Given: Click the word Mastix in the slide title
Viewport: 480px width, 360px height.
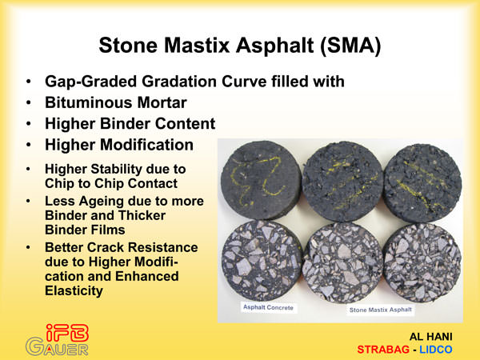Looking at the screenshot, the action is click(x=197, y=46).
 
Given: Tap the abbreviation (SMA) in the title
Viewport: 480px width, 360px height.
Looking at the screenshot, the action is click(x=350, y=46).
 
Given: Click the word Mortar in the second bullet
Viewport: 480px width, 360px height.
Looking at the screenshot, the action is click(x=162, y=102).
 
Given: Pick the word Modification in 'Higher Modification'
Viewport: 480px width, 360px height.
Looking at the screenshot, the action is click(x=146, y=145).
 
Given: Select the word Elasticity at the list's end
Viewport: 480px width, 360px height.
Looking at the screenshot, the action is click(x=74, y=291).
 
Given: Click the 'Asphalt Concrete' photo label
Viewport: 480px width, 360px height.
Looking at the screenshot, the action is click(x=268, y=307).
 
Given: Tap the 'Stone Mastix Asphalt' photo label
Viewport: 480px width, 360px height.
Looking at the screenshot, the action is click(x=381, y=310).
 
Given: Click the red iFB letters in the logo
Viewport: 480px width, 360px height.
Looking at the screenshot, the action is click(x=67, y=333).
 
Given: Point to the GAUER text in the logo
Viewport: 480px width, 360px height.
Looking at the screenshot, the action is click(x=57, y=348).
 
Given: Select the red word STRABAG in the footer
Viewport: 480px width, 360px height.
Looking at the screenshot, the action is click(x=383, y=350).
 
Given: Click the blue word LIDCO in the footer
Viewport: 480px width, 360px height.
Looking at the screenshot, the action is click(x=436, y=350).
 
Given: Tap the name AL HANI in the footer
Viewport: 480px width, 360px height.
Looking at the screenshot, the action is click(x=430, y=337).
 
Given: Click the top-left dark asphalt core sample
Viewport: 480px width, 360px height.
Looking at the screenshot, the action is click(x=261, y=180).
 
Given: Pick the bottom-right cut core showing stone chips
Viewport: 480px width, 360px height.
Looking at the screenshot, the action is click(x=422, y=262).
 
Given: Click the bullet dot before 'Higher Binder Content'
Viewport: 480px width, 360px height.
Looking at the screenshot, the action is click(x=29, y=124).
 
